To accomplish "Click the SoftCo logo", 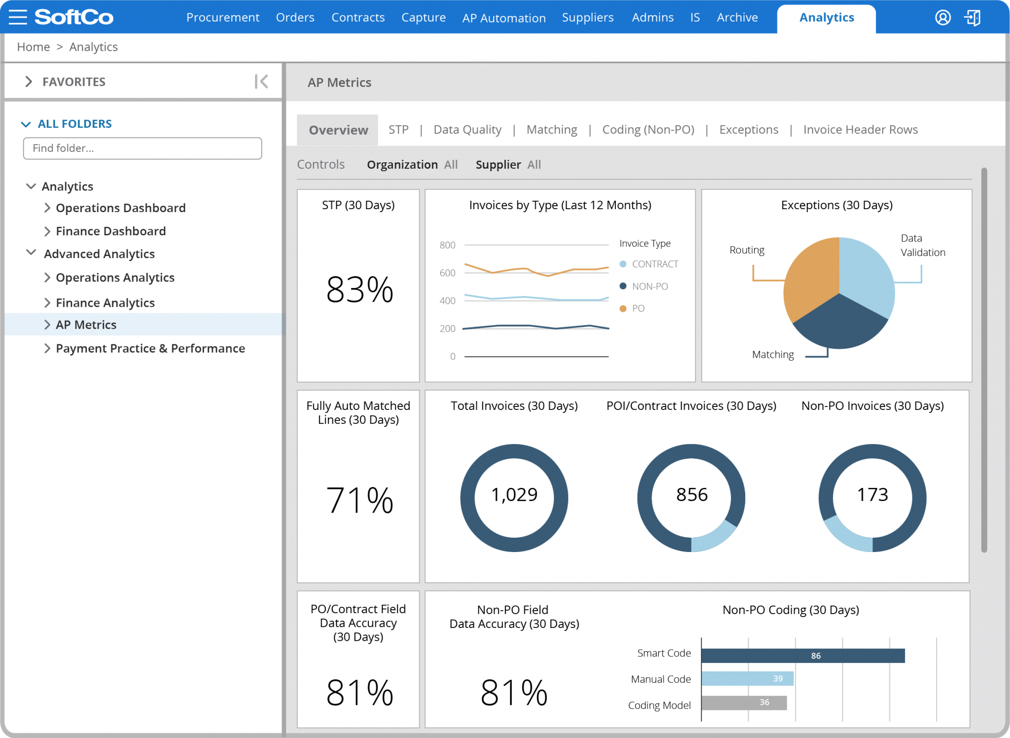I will (74, 17).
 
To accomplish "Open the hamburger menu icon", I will (18, 17).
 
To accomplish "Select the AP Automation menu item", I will (504, 18).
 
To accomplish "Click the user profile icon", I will (942, 18).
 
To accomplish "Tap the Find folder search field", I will (142, 148).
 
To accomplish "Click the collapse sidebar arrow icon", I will (261, 81).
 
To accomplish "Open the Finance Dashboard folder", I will (110, 231).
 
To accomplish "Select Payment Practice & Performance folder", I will (150, 348).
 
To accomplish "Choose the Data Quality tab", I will (467, 130).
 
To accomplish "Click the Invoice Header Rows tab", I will (860, 130).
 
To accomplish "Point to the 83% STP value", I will (360, 290).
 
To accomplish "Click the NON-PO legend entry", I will (649, 286).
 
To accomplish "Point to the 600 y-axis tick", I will (447, 273).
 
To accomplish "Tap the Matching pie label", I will (772, 355).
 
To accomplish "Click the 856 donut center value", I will (691, 495).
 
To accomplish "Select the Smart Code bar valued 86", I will (802, 656).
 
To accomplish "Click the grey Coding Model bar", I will (744, 702).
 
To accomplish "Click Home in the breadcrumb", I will (34, 47).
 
